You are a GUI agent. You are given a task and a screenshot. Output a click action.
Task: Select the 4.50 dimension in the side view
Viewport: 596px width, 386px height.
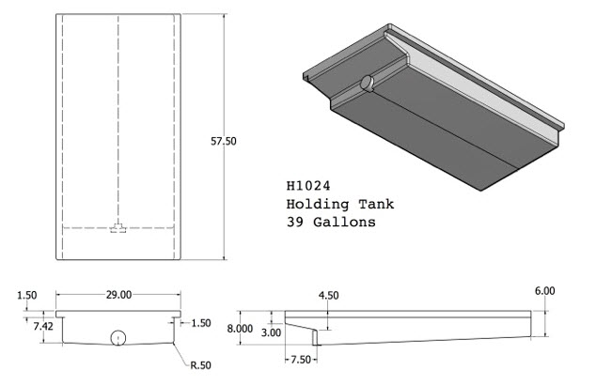click(328, 296)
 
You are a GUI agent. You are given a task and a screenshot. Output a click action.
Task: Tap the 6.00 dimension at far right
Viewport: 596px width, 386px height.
click(544, 291)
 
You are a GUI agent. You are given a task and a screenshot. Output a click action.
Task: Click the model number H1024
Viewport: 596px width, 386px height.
click(307, 186)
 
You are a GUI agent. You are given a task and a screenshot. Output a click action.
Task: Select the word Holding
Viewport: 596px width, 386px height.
click(312, 205)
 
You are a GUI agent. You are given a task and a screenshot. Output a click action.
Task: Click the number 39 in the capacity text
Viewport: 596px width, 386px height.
click(294, 224)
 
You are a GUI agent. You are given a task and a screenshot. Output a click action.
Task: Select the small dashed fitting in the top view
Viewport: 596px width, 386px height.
click(118, 228)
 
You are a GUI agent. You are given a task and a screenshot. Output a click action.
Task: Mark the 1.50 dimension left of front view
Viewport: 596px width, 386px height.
click(25, 296)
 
